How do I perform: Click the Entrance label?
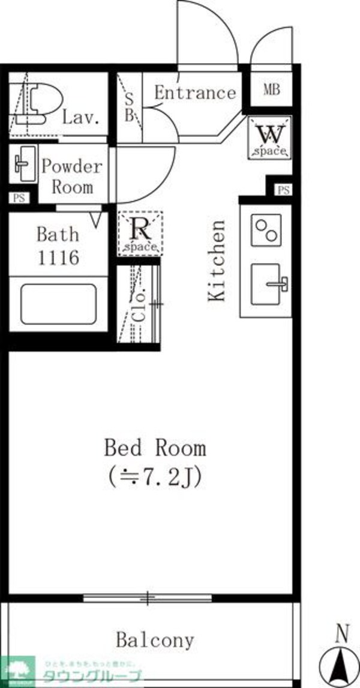click(195, 93)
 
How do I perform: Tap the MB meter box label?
click(272, 90)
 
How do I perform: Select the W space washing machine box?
click(269, 139)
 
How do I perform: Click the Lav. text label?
click(80, 118)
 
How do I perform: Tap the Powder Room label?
click(72, 176)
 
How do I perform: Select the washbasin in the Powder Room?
click(23, 163)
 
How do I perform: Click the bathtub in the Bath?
click(58, 304)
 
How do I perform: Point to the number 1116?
click(58, 258)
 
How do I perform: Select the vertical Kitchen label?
click(217, 261)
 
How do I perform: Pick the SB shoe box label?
click(128, 108)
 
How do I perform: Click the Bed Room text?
click(155, 448)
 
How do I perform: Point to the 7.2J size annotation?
click(155, 477)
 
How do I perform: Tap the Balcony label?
click(155, 640)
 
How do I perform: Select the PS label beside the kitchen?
click(283, 190)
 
